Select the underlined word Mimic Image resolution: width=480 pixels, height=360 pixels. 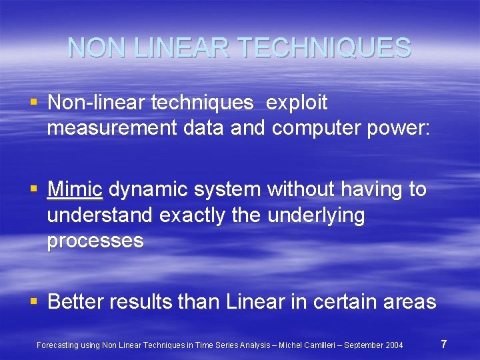tap(75, 190)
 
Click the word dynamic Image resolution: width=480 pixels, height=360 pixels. tap(149, 190)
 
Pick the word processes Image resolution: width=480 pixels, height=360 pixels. tap(95, 241)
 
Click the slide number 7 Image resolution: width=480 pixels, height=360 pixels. tap(443, 344)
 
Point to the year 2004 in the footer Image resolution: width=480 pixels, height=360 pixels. tap(393, 345)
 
